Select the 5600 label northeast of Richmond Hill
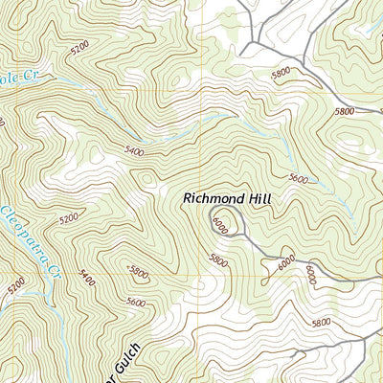pyautogui.click(x=298, y=179)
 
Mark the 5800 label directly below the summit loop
pyautogui.click(x=218, y=259)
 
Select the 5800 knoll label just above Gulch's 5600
pyautogui.click(x=138, y=272)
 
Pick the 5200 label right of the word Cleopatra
pyautogui.click(x=68, y=218)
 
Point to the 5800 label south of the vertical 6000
pyautogui.click(x=322, y=323)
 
